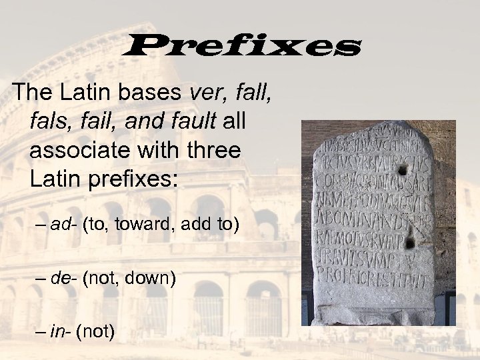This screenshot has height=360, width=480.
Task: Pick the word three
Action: (211, 150)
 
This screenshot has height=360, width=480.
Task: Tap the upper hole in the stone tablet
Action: (402, 170)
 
